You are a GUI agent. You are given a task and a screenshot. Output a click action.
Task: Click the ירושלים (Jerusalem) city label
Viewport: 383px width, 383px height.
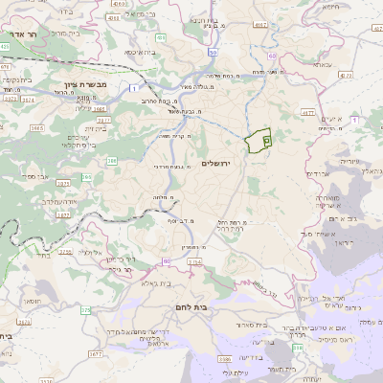(x=218, y=164)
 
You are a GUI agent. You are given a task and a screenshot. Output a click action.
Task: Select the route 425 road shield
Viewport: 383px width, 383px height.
(x=5, y=46)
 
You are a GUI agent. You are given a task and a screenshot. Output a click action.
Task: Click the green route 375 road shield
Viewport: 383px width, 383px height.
(x=85, y=310)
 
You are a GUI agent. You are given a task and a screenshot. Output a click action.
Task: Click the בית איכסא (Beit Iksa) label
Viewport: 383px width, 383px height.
(x=135, y=54)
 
